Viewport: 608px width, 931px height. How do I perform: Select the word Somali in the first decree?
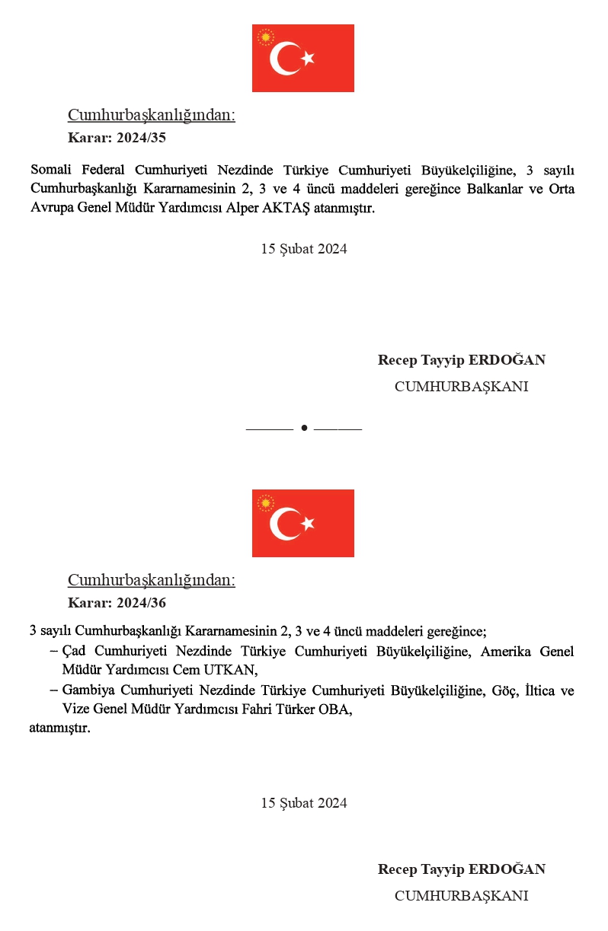51,169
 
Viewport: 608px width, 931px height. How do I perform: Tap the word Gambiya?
88,690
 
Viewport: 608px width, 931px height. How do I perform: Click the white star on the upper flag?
308,59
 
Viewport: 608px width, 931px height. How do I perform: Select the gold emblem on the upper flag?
265,37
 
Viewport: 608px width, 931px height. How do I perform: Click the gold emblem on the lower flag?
265,502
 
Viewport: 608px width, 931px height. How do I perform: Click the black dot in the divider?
304,428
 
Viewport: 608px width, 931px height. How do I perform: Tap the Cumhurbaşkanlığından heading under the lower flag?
152,580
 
